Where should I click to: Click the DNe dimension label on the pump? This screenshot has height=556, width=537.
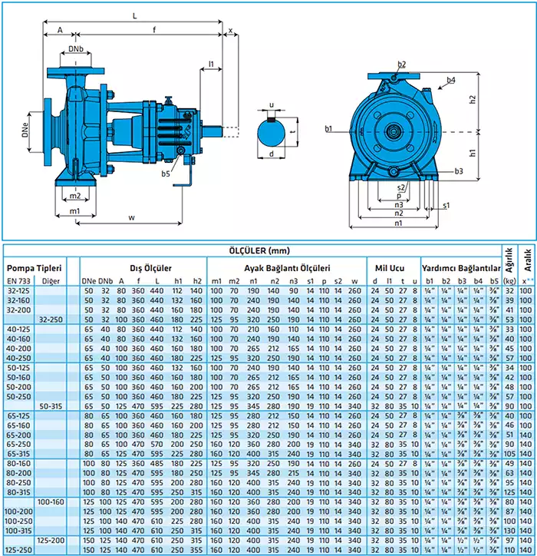point(25,131)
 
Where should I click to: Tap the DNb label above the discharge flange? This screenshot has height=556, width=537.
point(76,50)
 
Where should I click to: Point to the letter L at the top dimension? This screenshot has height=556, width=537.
point(135,15)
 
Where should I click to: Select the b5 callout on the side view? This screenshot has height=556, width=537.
point(166,174)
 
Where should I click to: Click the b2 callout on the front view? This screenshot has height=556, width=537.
point(402,64)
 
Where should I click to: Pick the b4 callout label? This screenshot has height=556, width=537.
point(450,80)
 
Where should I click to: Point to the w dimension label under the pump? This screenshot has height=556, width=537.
point(132,218)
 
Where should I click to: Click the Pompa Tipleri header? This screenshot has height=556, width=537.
point(33,268)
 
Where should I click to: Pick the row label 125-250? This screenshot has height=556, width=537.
point(19,550)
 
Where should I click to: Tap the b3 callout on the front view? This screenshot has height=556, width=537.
point(459,170)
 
